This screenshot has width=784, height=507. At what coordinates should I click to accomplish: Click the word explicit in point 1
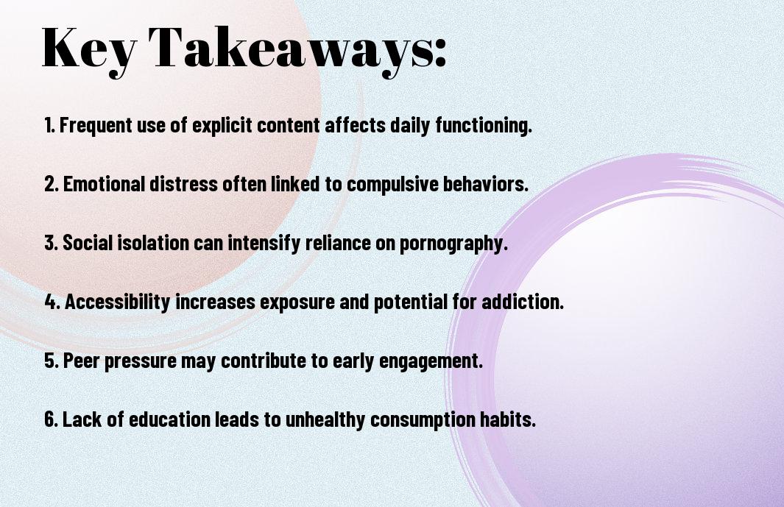pyautogui.click(x=217, y=126)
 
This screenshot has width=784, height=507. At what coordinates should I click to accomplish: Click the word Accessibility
pyautogui.click(x=118, y=302)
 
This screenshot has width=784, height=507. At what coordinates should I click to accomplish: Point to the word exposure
pyautogui.click(x=283, y=302)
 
